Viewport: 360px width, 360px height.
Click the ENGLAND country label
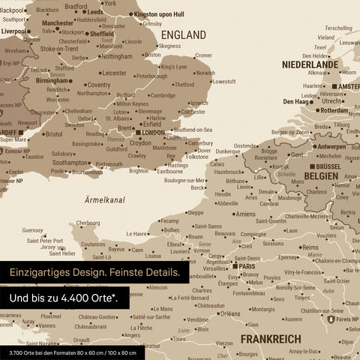[x=183, y=35]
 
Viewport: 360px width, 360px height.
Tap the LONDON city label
[x=153, y=133]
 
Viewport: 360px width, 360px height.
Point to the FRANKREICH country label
[x=270, y=339]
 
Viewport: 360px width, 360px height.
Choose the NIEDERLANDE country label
[x=310, y=64]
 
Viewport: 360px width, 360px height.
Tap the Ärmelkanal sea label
[x=104, y=199]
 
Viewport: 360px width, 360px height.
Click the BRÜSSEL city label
[x=328, y=166]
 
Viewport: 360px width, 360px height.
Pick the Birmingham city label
[x=54, y=81]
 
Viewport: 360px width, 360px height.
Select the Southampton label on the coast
[x=70, y=162]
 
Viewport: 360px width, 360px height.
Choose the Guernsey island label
[x=33, y=230]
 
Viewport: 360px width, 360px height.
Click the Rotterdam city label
[x=332, y=110]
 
